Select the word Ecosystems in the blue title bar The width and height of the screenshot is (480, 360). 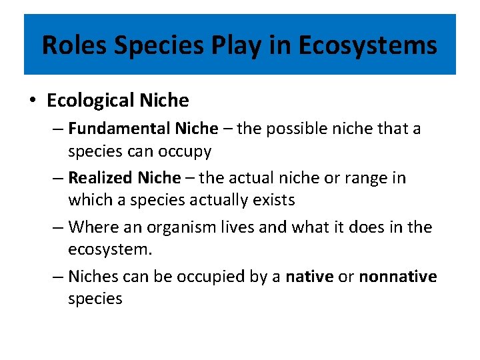click(x=367, y=45)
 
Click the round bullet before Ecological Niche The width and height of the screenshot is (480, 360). click(x=33, y=101)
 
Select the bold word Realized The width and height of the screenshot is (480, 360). click(x=101, y=178)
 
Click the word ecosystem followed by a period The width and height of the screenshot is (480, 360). click(x=109, y=249)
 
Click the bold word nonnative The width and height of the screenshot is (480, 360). click(x=398, y=277)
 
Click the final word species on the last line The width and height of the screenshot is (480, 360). click(x=95, y=299)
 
